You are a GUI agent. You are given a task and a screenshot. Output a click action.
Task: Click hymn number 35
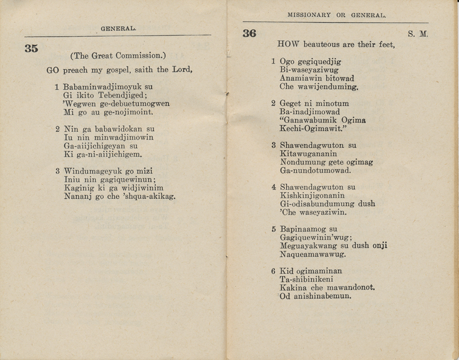32,48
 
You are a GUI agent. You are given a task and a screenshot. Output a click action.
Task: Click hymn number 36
249,33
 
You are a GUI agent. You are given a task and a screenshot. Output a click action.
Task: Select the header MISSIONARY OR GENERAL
337,15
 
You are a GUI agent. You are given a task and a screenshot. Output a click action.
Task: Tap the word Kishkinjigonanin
312,196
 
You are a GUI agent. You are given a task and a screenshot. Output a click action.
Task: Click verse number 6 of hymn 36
273,271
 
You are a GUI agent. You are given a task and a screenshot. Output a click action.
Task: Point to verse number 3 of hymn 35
58,171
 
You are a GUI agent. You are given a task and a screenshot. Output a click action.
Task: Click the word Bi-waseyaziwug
309,70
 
